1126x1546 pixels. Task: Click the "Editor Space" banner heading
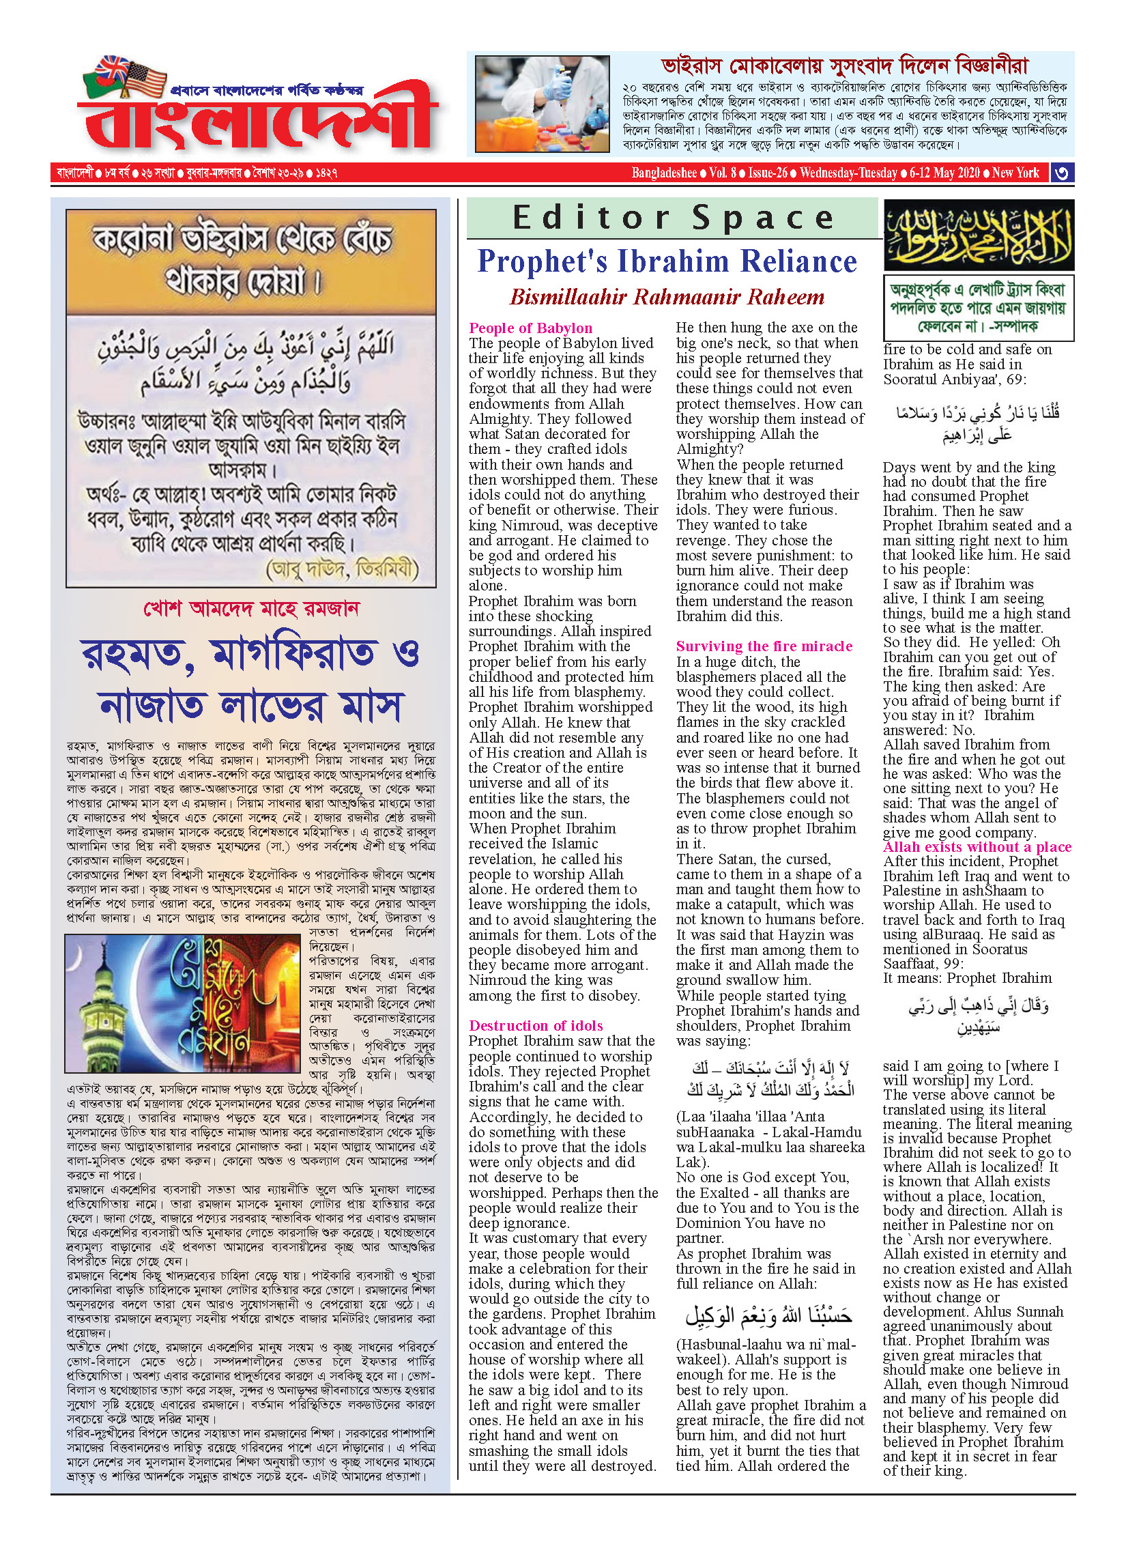673,218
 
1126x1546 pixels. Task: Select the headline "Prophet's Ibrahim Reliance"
667,261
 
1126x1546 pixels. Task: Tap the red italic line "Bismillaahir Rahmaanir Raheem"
667,297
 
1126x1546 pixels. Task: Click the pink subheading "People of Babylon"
530,328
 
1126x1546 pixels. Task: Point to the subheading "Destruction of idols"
536,1025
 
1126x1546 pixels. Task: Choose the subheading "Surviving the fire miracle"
764,646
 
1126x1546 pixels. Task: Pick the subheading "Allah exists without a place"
977,847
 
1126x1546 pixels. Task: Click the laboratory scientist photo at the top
542,104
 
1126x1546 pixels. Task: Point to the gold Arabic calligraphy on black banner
978,235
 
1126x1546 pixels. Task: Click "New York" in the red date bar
1015,173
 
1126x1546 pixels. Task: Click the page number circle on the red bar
1061,173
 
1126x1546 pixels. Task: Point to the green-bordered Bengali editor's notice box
978,308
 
